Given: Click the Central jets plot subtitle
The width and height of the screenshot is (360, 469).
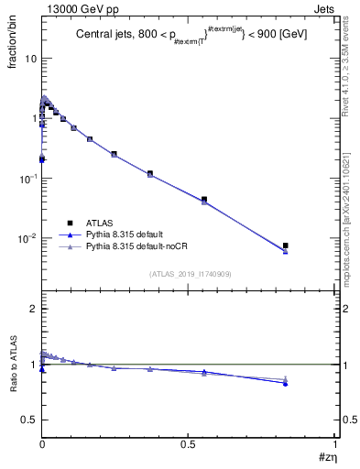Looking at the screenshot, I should [x=191, y=36].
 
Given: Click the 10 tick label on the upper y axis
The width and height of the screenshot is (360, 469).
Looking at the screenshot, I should [x=30, y=58].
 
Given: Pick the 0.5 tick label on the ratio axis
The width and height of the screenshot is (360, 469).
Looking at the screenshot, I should [x=29, y=420].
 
